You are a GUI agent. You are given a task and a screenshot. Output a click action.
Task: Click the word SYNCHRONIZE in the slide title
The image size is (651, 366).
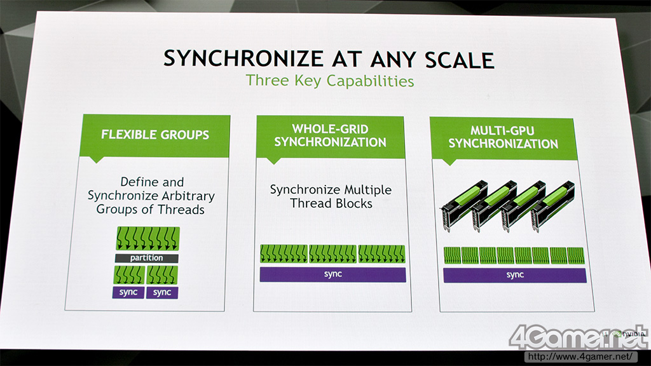tap(243, 58)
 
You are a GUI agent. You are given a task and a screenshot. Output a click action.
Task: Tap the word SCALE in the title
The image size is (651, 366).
tap(460, 60)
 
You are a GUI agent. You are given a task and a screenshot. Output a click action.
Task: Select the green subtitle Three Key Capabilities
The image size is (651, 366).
tap(330, 81)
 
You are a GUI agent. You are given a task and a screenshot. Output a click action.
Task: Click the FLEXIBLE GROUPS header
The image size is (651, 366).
tap(155, 135)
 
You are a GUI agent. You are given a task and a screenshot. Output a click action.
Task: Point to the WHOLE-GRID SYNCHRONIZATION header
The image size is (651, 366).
tap(330, 136)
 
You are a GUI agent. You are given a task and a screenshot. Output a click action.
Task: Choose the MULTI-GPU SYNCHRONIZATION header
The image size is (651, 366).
tap(504, 137)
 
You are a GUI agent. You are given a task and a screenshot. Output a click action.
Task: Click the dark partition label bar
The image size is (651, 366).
tap(147, 258)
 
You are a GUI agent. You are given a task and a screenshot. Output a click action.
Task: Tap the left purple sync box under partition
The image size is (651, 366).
tap(128, 292)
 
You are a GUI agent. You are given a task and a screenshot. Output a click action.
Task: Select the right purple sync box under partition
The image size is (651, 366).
tap(162, 292)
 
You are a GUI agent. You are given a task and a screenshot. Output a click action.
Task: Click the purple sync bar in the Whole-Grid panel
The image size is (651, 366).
tap(332, 274)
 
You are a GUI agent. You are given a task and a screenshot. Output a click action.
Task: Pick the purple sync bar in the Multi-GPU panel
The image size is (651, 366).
tap(515, 275)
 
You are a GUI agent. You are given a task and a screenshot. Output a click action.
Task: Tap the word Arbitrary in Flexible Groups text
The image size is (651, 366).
tap(188, 196)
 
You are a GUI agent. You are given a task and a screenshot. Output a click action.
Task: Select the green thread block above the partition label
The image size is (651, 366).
tap(148, 239)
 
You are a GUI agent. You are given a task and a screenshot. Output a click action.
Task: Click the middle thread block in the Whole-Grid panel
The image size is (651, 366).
tap(332, 254)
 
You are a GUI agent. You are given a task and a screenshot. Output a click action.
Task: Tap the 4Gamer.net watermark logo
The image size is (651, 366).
tap(579, 337)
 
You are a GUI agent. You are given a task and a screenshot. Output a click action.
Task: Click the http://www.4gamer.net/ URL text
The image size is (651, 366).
tap(580, 356)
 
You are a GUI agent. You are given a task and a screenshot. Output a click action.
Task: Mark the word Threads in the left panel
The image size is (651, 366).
tap(181, 210)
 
